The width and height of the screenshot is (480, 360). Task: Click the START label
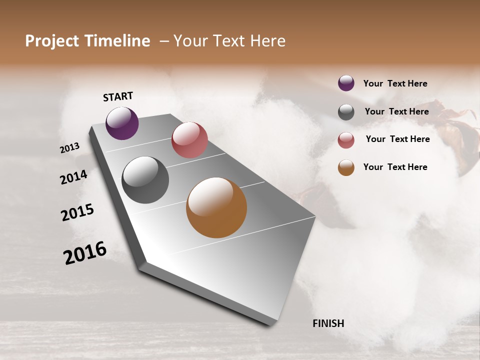tap(118, 96)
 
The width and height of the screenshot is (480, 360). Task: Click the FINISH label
tap(328, 323)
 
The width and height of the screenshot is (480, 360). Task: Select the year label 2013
tap(70, 148)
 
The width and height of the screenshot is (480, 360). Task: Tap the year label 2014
tap(74, 177)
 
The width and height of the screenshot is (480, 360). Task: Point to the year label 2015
tap(77, 212)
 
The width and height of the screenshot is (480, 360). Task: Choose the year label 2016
tap(85, 252)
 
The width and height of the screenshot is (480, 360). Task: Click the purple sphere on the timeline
tap(122, 123)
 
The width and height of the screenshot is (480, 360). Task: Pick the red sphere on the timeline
tap(189, 140)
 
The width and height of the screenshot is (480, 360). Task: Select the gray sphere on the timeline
tap(145, 180)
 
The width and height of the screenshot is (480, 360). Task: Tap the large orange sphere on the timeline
tap(216, 207)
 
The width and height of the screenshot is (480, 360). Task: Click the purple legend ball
tap(346, 83)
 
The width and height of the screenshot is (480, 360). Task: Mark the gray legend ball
tap(346, 112)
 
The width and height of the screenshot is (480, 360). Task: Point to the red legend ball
tap(346, 140)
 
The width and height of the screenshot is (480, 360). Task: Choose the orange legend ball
tap(346, 167)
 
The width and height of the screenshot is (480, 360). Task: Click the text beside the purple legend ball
tap(395, 83)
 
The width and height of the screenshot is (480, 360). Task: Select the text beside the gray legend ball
tap(396, 111)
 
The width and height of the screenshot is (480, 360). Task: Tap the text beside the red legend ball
tap(397, 139)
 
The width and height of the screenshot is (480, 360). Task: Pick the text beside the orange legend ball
tap(395, 167)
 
